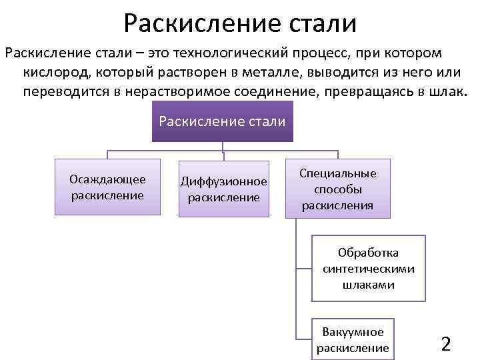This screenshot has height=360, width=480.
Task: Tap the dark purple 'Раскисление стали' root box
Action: click(x=223, y=121)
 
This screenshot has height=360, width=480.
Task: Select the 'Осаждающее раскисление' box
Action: click(x=107, y=187)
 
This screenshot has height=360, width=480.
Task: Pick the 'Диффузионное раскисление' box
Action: click(x=224, y=189)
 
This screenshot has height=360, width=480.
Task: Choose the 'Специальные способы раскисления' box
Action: click(x=338, y=189)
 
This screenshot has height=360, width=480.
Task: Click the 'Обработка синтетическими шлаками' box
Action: click(x=369, y=269)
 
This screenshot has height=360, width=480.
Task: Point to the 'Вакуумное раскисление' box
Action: click(x=353, y=339)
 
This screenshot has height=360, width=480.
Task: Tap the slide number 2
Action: click(x=446, y=344)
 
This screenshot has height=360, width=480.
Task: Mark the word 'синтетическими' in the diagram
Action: click(x=369, y=269)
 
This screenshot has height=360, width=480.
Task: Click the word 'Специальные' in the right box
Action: click(x=338, y=173)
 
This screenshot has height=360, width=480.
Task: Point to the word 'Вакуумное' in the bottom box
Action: click(x=353, y=332)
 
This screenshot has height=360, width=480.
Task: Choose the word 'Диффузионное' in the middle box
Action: click(x=224, y=181)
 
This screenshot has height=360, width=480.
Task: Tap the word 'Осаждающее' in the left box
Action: click(x=107, y=179)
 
